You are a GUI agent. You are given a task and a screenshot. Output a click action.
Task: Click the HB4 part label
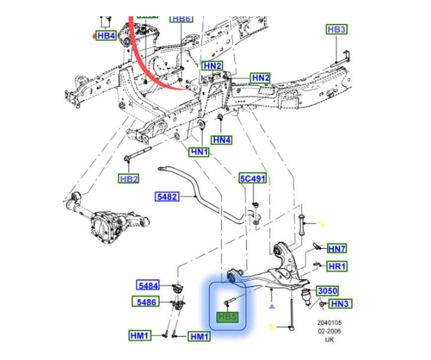pyautogui.click(x=106, y=36)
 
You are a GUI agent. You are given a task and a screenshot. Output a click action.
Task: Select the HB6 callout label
pyautogui.click(x=181, y=18)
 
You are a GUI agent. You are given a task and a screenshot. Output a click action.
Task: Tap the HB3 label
pyautogui.click(x=336, y=30)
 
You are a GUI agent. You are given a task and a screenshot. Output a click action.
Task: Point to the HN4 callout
pyautogui.click(x=222, y=140)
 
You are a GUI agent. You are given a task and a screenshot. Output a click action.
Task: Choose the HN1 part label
pyautogui.click(x=198, y=152)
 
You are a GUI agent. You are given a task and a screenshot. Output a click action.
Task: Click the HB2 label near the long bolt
pyautogui.click(x=128, y=179)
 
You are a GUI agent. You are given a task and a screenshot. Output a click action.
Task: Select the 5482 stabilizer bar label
pyautogui.click(x=167, y=197)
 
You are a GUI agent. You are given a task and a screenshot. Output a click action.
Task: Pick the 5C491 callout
pyautogui.click(x=252, y=179)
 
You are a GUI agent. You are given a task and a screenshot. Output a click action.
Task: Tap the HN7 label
pyautogui.click(x=337, y=248)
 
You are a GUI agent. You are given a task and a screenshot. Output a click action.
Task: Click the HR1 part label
pyautogui.click(x=337, y=266)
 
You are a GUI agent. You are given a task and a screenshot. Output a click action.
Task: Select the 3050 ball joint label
pyautogui.click(x=327, y=291)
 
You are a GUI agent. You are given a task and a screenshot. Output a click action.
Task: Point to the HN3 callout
pyautogui.click(x=340, y=303)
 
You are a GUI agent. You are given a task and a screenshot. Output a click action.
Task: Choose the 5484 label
pyautogui.click(x=148, y=285)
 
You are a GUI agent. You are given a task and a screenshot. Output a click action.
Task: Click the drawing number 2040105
pyautogui.click(x=329, y=322)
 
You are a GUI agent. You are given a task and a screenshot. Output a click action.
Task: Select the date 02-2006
pyautogui.click(x=329, y=331)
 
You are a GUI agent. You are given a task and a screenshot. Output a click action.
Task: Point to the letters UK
pyautogui.click(x=329, y=340)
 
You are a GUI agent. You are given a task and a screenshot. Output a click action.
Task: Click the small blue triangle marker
pyautogui.click(x=271, y=306)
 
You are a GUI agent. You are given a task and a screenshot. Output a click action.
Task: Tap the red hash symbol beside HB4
pyautogui.click(x=94, y=36)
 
